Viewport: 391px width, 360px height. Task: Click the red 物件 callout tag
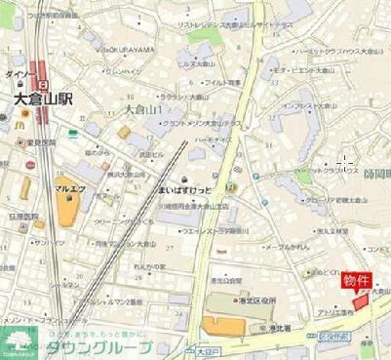[356, 281]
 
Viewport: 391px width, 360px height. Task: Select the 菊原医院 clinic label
[25, 217]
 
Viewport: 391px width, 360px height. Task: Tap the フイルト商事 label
[223, 82]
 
